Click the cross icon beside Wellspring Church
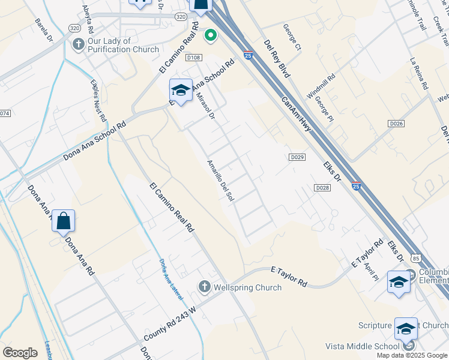pyautogui.click(x=204, y=287)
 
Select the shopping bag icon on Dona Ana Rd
pyautogui.click(x=63, y=221)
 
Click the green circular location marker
pyautogui.click(x=210, y=35)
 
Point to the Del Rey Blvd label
pyautogui.click(x=277, y=58)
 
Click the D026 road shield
pyautogui.click(x=396, y=123)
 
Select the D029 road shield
pyautogui.click(x=297, y=157)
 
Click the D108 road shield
pyautogui.click(x=193, y=57)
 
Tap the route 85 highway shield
pyautogui.click(x=416, y=258)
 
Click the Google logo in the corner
pyautogui.click(x=20, y=353)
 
